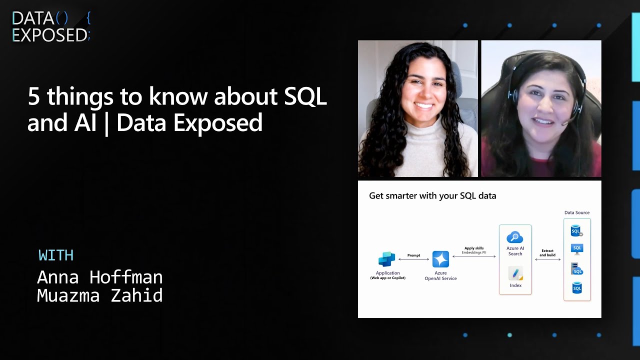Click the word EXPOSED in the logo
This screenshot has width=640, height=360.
pyautogui.click(x=49, y=35)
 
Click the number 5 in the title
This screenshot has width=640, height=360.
pyautogui.click(x=33, y=96)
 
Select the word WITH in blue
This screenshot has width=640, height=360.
pyautogui.click(x=56, y=255)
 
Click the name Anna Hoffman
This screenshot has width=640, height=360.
pyautogui.click(x=100, y=276)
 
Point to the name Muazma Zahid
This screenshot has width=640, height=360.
pyautogui.click(x=100, y=295)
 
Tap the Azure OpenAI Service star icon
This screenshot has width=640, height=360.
pyautogui.click(x=440, y=259)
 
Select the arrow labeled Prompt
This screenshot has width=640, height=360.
pyautogui.click(x=413, y=259)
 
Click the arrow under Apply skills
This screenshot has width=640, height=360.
pyautogui.click(x=473, y=256)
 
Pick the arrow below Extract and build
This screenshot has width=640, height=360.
pyautogui.click(x=547, y=259)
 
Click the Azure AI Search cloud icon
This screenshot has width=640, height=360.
pyautogui.click(x=515, y=237)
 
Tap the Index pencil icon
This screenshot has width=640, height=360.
pyautogui.click(x=515, y=273)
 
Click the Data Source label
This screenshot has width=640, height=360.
pyautogui.click(x=576, y=212)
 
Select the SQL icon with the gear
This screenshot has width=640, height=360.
pyautogui.click(x=576, y=231)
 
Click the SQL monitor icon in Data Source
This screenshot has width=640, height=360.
pyautogui.click(x=577, y=249)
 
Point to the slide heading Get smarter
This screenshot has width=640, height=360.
pyautogui.click(x=432, y=196)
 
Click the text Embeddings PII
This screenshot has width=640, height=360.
pyautogui.click(x=473, y=252)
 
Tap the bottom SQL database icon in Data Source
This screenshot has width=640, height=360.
pyautogui.click(x=577, y=288)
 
